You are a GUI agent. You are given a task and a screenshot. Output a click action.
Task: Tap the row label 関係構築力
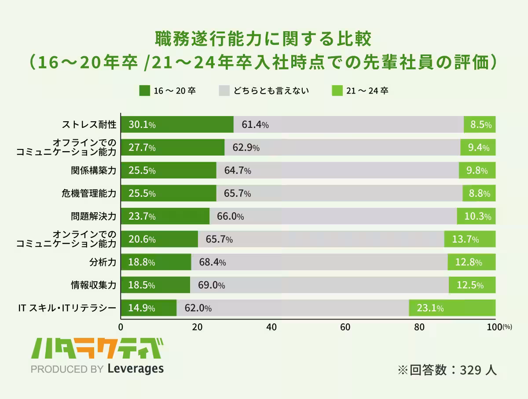(93, 170)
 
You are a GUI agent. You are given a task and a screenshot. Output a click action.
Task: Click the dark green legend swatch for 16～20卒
(145, 91)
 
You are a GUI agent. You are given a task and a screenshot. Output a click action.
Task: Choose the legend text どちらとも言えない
(271, 91)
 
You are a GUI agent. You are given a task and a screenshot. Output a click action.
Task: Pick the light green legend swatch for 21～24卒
(337, 91)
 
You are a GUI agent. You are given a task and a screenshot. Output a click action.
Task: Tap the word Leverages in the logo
(136, 369)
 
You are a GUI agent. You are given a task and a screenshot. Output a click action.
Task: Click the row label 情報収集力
(93, 285)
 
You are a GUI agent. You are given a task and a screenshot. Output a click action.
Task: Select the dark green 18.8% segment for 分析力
(156, 262)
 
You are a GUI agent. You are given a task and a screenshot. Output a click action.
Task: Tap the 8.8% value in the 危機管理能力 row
(479, 193)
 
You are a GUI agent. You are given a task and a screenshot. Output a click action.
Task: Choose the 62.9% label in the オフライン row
(246, 148)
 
